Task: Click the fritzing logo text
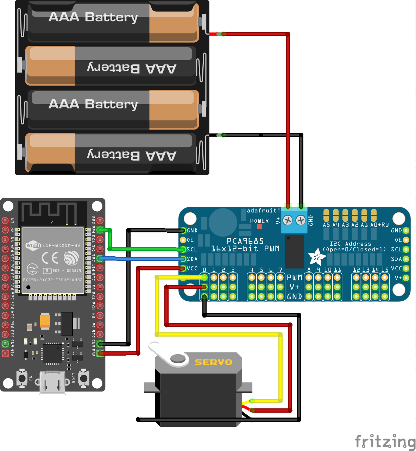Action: click(385, 441)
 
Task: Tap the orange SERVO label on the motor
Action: click(213, 362)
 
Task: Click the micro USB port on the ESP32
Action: click(53, 383)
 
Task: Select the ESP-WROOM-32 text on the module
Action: click(61, 245)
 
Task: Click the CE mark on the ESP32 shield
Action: click(50, 258)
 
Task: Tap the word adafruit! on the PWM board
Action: click(263, 211)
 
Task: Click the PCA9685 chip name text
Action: click(245, 241)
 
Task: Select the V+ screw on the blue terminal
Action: click(288, 220)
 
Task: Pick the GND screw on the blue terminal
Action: click(301, 220)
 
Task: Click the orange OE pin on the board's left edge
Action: click(183, 240)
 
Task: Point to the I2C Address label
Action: click(350, 244)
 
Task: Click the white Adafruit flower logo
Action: click(316, 258)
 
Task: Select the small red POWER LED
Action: click(259, 226)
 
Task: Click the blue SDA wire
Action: click(141, 259)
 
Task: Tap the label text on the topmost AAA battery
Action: click(93, 17)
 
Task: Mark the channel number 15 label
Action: click(385, 270)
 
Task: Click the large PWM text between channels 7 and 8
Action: click(294, 277)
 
